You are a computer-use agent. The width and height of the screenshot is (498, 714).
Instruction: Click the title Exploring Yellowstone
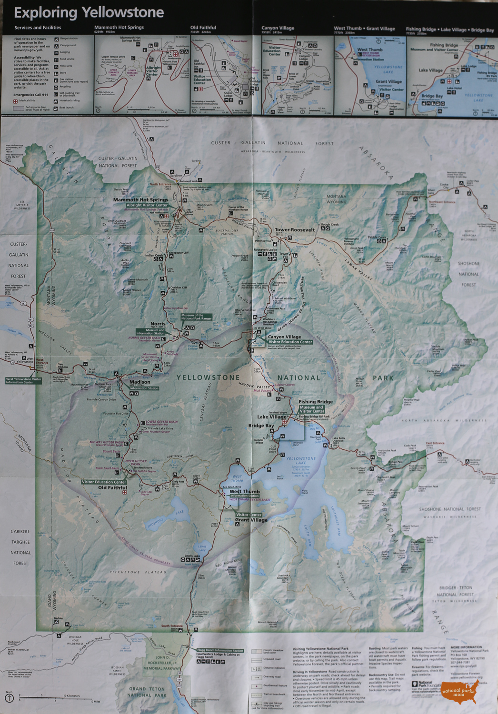(89, 13)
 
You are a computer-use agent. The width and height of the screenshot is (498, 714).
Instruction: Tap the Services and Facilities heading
(38, 28)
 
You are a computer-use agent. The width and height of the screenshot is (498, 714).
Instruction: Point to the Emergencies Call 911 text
(30, 95)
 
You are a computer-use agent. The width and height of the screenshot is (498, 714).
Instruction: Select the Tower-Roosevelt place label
(295, 230)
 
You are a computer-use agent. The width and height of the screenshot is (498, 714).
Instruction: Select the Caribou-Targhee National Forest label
(20, 547)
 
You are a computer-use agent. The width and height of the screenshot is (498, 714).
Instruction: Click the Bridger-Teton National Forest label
(456, 591)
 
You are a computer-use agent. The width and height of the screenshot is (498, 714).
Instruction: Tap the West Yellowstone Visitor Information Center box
(23, 381)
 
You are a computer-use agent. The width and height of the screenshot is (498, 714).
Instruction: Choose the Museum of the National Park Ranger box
(196, 317)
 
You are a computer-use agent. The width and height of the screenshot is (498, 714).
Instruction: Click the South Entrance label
(171, 626)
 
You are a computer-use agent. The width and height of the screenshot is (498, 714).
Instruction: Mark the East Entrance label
(435, 443)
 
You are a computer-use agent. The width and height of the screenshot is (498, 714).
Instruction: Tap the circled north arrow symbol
(9, 698)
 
